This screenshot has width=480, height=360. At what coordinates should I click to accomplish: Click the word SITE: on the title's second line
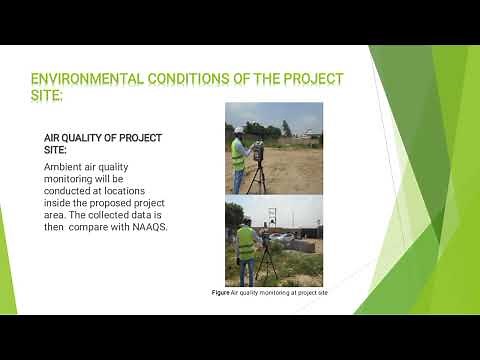(x=47, y=97)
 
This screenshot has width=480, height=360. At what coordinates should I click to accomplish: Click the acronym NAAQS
(x=147, y=227)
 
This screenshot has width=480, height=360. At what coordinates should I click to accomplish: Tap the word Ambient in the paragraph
(x=65, y=167)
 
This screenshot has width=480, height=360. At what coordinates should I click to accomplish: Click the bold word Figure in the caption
(x=221, y=292)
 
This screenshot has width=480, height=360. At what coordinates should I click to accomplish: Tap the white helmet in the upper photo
(x=239, y=130)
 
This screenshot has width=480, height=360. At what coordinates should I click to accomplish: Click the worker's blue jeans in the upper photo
(x=238, y=179)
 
